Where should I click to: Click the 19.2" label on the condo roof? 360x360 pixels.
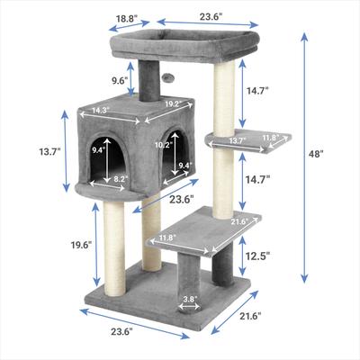(x=173, y=103)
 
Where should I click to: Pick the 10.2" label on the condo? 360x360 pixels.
(x=163, y=144)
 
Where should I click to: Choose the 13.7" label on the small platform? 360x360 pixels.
(x=237, y=140)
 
